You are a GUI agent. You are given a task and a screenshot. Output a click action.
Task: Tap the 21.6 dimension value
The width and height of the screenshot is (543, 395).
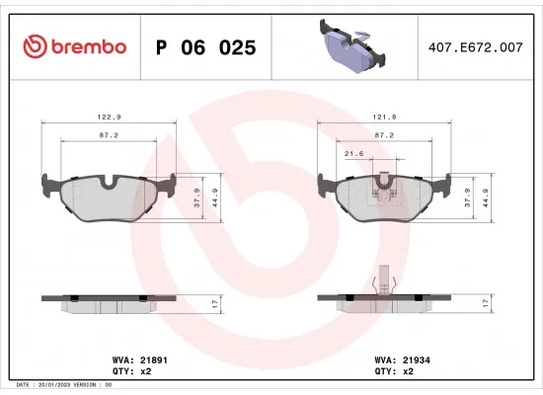(x=354, y=154)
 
